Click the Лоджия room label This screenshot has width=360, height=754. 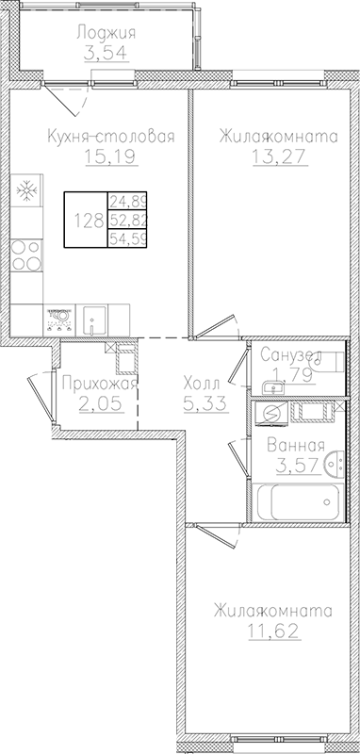pos(106,34)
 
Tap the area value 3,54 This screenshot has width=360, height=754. pos(106,53)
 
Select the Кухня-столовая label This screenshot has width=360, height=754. pos(111,138)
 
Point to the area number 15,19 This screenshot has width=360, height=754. pos(111,157)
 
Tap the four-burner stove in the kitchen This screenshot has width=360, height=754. pos(26,254)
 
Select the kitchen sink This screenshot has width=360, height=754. pos(93,321)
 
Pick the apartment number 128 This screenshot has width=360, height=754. pos(89,222)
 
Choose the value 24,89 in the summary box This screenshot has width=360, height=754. pos(127,201)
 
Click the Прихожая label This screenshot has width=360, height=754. pos(98,384)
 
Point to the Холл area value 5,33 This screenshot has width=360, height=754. pos(201,404)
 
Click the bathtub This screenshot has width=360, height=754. pos(292,500)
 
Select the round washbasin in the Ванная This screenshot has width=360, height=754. pos(331,463)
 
